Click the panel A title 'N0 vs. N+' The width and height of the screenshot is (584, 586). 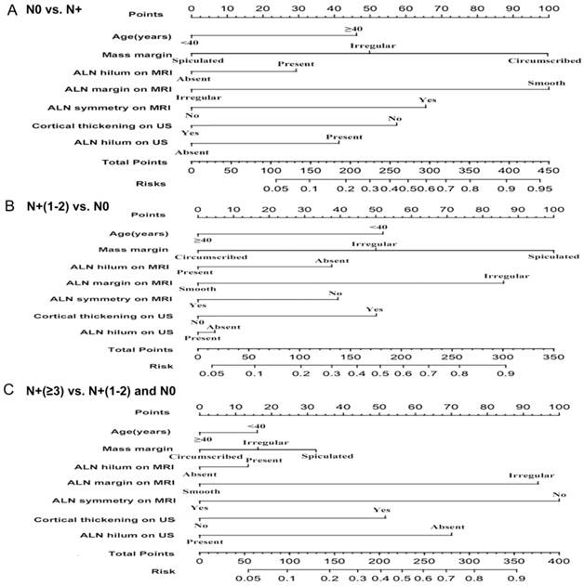click(59, 9)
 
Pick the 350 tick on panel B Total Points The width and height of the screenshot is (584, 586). click(552, 358)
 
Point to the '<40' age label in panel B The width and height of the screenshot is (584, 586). click(378, 228)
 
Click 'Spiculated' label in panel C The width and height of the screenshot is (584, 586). click(327, 456)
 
